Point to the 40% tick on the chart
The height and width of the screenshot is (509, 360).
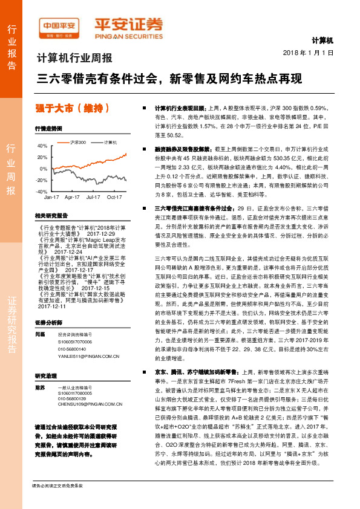point(42,146)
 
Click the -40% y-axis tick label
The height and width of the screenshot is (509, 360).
point(42,190)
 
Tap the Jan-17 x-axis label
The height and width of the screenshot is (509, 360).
point(51,197)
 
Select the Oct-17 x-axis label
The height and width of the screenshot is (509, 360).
point(114,197)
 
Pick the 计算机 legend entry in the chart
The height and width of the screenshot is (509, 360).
point(110,141)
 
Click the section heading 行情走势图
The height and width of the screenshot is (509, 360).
point(48,129)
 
